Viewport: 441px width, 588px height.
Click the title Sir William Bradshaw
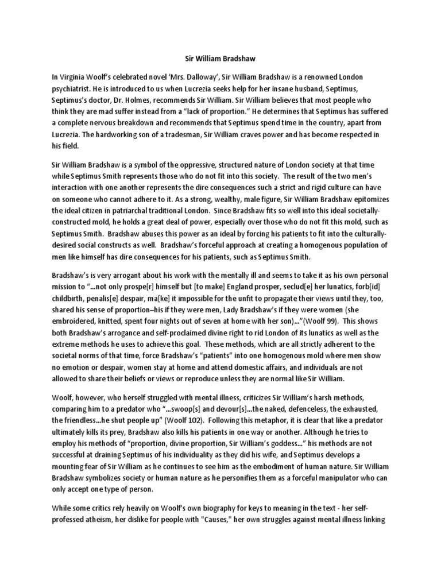[x=220, y=57]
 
